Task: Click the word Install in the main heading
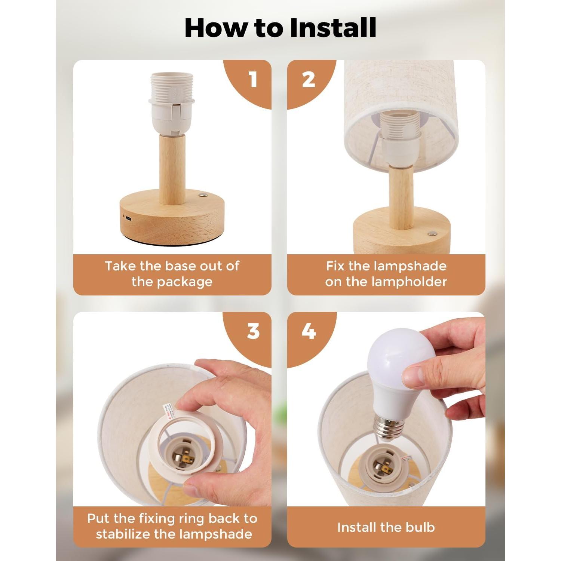(x=333, y=28)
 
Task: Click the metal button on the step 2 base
(x=433, y=233)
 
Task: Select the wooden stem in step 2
(x=401, y=196)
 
